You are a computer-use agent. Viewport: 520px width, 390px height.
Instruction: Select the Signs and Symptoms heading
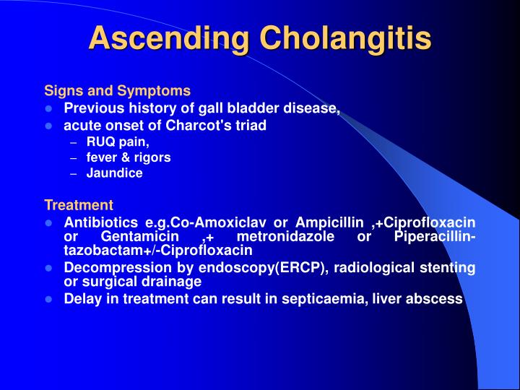click(x=118, y=91)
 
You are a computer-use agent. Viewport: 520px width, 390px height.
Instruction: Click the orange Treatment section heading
click(x=79, y=205)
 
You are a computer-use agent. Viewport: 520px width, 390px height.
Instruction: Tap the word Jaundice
click(x=114, y=173)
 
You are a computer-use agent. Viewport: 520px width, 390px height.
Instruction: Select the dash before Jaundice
click(x=74, y=173)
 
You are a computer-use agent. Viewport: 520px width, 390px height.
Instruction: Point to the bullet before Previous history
click(x=48, y=109)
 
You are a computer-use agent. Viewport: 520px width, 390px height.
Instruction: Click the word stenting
click(x=449, y=268)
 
